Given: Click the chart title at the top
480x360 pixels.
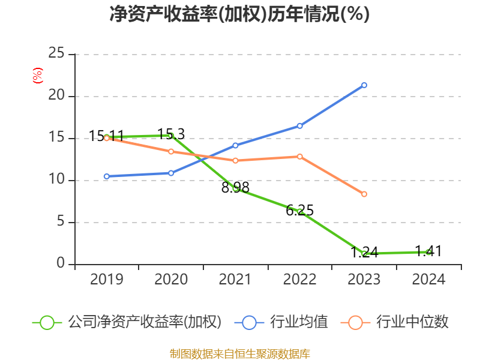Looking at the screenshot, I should pyautogui.click(x=239, y=14).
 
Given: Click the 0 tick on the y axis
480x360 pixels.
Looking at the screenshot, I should pyautogui.click(x=61, y=264).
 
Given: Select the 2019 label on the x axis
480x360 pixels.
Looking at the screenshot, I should pyautogui.click(x=106, y=280).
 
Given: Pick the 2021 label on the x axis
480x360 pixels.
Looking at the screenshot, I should pyautogui.click(x=235, y=280).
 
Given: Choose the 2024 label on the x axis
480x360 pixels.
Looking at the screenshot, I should pyautogui.click(x=428, y=280).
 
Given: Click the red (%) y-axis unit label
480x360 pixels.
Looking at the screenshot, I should pyautogui.click(x=37, y=76).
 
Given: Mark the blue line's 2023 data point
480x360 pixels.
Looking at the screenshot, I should pyautogui.click(x=364, y=85).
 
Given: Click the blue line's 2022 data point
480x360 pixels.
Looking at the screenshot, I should pyautogui.click(x=299, y=125).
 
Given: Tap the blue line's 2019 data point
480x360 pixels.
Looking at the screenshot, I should pyautogui.click(x=107, y=176).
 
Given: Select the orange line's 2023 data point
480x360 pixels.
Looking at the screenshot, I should pyautogui.click(x=364, y=194).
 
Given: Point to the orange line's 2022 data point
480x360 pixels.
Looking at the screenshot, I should pyautogui.click(x=299, y=157).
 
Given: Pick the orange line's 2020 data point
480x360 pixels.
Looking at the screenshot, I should pyautogui.click(x=171, y=151).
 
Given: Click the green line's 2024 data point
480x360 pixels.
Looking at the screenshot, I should pyautogui.click(x=428, y=252).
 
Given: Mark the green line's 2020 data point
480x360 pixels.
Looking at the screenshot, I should pyautogui.click(x=171, y=136).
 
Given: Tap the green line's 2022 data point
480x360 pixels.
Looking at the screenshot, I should pyautogui.click(x=299, y=211).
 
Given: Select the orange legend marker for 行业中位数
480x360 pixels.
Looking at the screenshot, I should pyautogui.click(x=355, y=322).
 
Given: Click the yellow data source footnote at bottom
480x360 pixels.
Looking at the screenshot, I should pyautogui.click(x=239, y=353).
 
